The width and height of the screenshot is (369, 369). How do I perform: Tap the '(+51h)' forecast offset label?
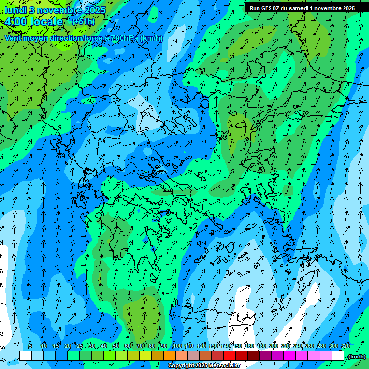(83, 21)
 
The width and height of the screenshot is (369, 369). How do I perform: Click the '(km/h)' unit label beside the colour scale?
(356, 357)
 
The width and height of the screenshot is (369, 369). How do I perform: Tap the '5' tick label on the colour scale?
(30, 346)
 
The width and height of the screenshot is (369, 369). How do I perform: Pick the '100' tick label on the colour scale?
(177, 346)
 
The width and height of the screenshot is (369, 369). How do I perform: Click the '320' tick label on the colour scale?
(344, 346)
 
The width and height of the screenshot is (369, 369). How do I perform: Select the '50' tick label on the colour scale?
(116, 346)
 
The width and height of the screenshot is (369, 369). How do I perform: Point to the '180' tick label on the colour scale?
(261, 346)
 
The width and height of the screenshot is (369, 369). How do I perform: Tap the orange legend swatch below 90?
(170, 356)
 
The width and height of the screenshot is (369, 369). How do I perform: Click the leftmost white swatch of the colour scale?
(25, 356)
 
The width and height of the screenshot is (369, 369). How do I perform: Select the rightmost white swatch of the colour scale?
(338, 356)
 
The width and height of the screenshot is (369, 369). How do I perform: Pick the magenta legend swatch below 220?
(290, 356)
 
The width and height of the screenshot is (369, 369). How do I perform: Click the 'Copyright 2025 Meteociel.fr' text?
(204, 366)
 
